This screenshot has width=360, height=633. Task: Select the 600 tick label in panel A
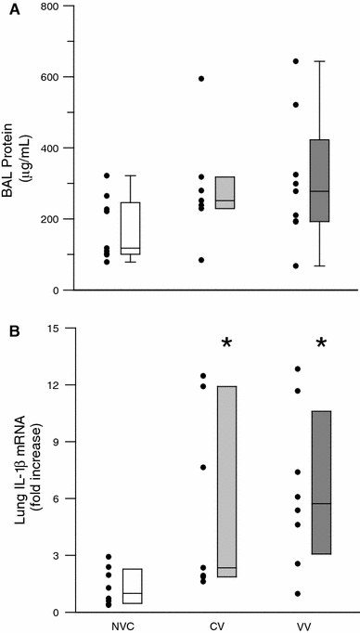point(48,77)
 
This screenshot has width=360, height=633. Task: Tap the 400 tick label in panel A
point(48,149)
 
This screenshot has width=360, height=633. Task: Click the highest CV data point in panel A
point(201,78)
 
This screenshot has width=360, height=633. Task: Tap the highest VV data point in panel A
point(297,61)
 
